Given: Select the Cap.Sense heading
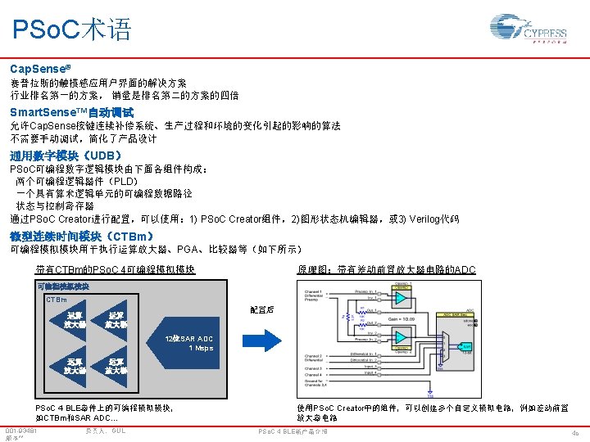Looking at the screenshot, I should [38, 70].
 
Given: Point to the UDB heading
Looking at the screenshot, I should [66, 156].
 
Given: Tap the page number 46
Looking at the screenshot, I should [574, 433].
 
